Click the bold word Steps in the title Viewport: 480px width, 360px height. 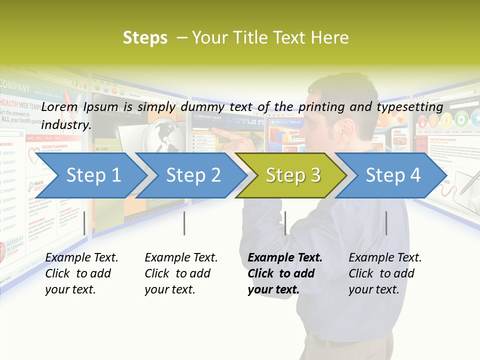(145, 37)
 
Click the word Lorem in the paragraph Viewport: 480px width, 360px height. (60, 106)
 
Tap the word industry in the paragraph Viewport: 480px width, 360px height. (65, 124)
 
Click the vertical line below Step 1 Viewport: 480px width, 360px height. (84, 223)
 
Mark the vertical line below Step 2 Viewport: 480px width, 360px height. (184, 223)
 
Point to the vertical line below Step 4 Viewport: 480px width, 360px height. (386, 223)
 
